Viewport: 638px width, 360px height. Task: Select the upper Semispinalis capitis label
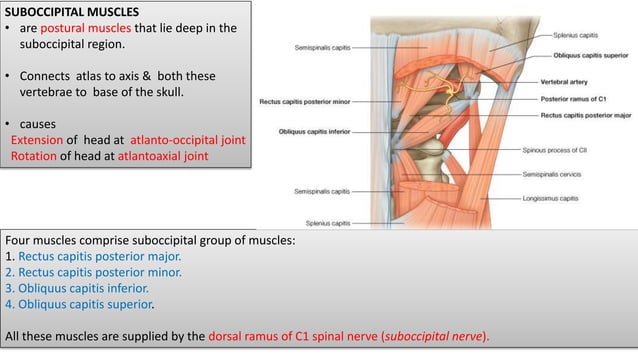(322, 46)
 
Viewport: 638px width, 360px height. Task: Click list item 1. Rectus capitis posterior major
(96, 255)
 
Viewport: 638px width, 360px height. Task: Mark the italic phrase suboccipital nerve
(436, 334)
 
